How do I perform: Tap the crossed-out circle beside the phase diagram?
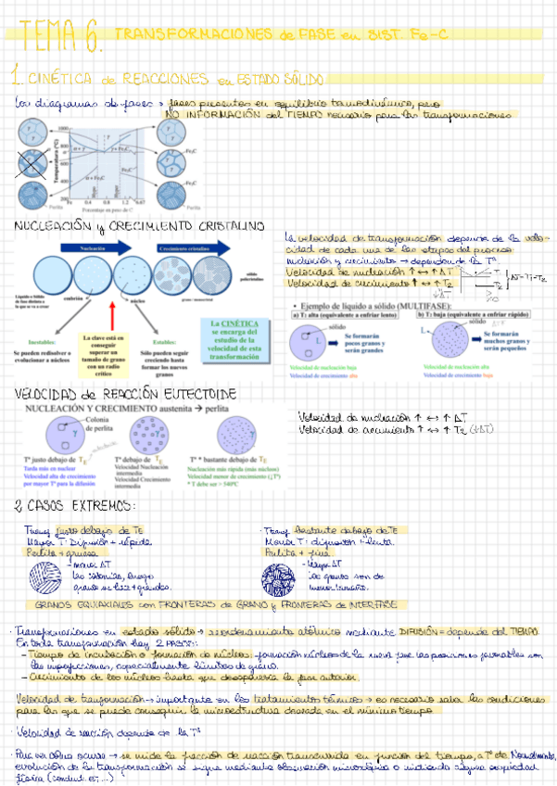[x=31, y=168]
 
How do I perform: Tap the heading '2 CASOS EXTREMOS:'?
[x=74, y=505]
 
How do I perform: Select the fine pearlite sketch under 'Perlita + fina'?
[x=280, y=576]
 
